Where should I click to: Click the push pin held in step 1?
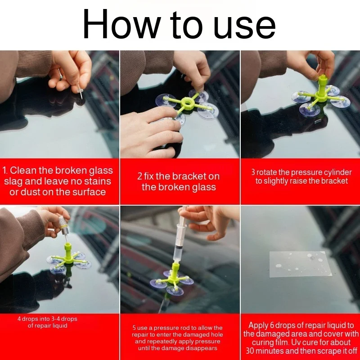(79, 90)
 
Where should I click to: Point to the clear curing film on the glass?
(300, 264)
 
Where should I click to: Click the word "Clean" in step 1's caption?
(23, 171)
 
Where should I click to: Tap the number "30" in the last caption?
(250, 351)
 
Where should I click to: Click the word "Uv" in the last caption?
(295, 342)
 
